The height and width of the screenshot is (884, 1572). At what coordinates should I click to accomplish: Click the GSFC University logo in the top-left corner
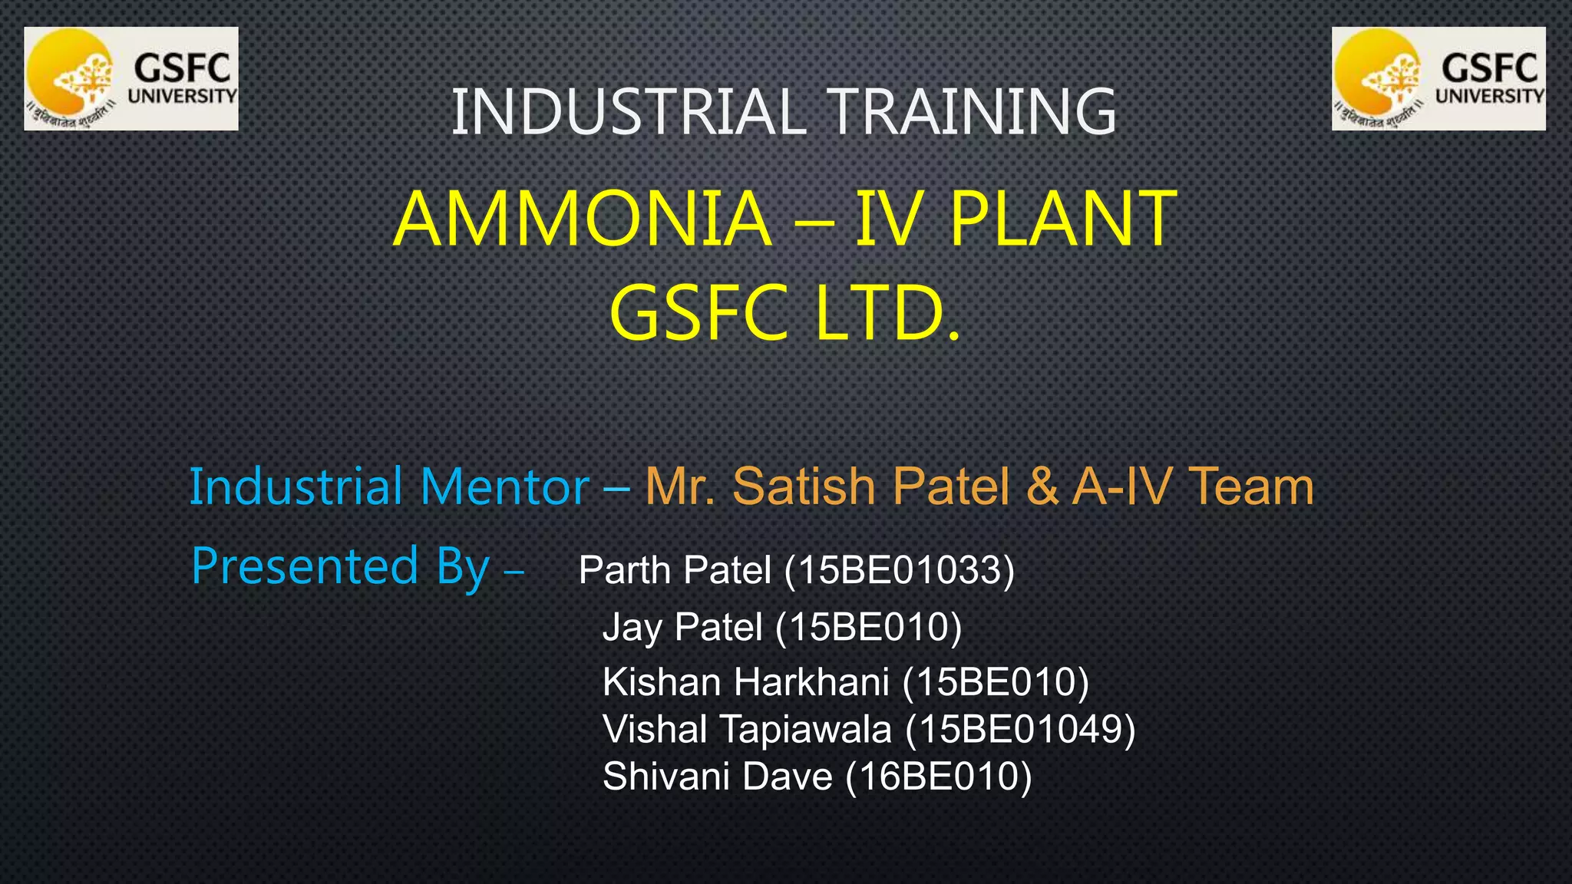pos(131,79)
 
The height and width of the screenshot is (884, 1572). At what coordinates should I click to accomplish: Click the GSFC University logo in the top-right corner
pos(1438,79)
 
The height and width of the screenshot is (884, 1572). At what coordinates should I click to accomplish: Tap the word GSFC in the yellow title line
pos(698,314)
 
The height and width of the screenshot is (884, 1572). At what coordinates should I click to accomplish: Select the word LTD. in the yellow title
pos(887,314)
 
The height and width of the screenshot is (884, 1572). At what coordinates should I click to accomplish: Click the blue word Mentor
pos(504,487)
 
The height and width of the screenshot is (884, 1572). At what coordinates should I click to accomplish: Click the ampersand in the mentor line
pos(1041,487)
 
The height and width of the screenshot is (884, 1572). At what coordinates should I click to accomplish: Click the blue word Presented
pos(305,566)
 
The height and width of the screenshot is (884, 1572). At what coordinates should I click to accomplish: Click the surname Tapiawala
pos(805,729)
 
